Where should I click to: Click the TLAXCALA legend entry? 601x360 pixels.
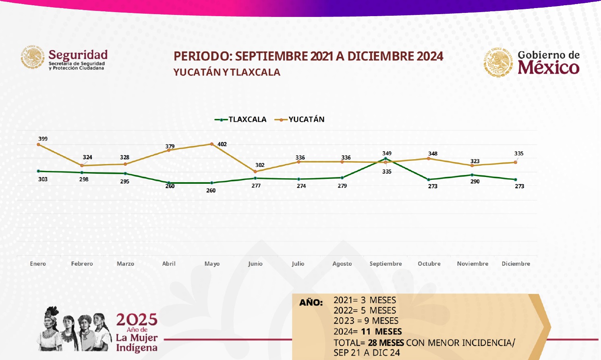click(241, 119)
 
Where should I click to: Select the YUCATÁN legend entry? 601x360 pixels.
click(300, 119)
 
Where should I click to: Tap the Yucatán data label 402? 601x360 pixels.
click(222, 144)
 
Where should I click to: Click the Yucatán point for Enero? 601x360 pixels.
click(38, 144)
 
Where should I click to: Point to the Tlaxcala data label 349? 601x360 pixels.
click(387, 153)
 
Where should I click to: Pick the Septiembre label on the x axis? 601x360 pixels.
click(385, 264)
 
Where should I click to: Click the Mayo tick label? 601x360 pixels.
click(212, 264)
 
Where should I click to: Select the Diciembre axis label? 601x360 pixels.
click(516, 264)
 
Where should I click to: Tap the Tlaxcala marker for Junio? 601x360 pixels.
click(255, 178)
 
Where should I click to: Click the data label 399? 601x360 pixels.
click(43, 139)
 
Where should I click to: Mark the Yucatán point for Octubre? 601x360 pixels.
click(429, 158)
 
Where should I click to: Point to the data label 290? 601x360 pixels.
click(475, 181)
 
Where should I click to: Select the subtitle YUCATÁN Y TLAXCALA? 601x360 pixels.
click(227, 72)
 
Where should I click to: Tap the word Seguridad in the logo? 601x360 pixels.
click(78, 55)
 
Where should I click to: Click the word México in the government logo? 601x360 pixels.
click(548, 67)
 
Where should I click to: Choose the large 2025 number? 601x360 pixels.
click(137, 320)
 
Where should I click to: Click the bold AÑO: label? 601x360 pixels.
click(311, 302)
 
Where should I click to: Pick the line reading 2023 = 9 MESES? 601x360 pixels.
click(366, 321)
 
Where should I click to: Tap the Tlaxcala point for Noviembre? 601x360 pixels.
click(472, 175)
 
